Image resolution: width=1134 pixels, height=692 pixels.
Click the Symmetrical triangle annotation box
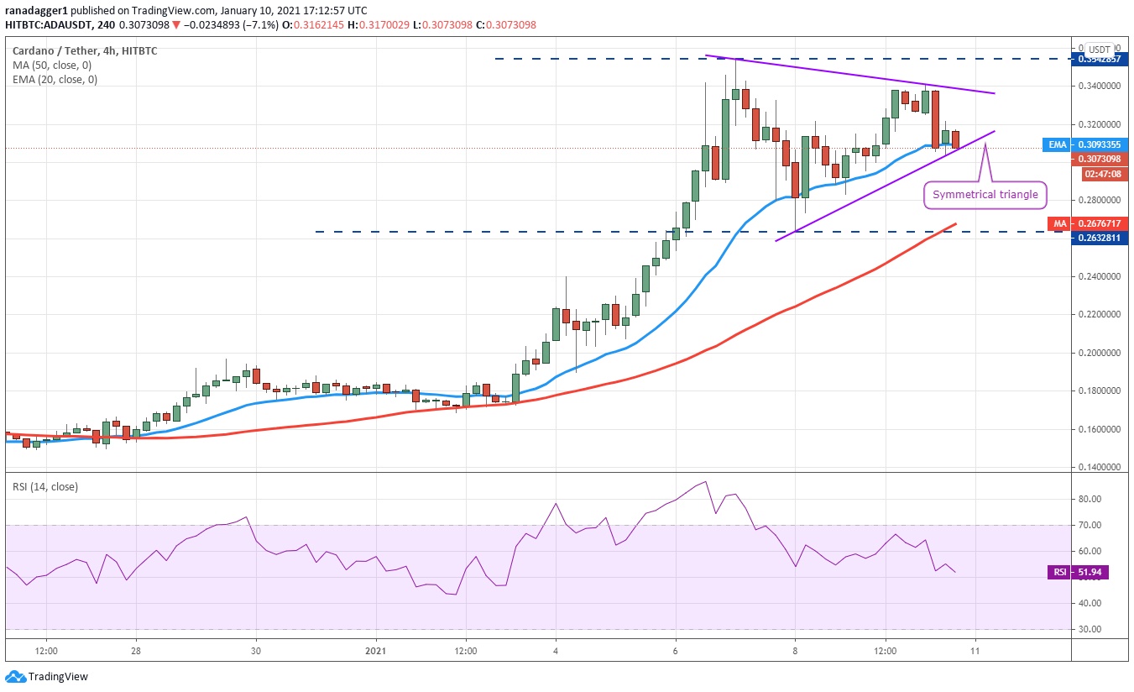985,195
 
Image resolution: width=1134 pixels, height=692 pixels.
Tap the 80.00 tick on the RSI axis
1090,499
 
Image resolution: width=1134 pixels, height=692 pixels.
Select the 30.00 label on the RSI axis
1090,629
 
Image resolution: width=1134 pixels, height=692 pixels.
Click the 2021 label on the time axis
377,651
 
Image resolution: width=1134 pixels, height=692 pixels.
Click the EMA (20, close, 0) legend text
54,80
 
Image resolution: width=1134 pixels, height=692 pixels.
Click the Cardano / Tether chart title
50,50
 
